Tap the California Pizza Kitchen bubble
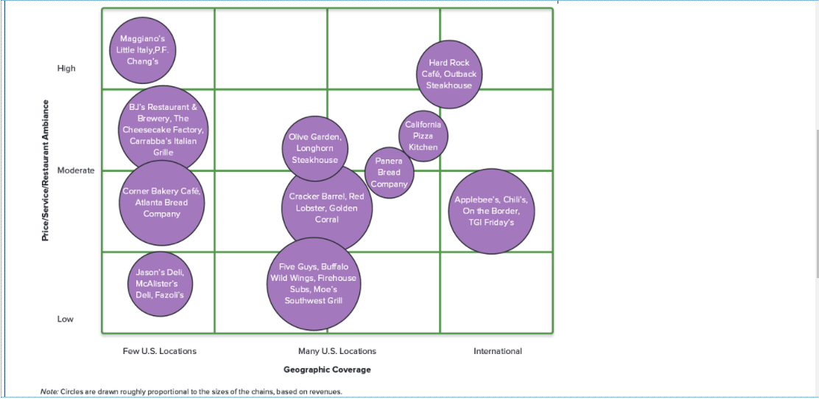pyautogui.click(x=423, y=136)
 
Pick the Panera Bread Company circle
pyautogui.click(x=389, y=173)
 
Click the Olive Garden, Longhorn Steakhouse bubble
pyautogui.click(x=314, y=148)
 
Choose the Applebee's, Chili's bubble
pyautogui.click(x=491, y=211)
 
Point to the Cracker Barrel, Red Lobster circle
pyautogui.click(x=326, y=208)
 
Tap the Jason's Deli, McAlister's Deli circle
pyautogui.click(x=160, y=283)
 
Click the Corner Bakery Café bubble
pyautogui.click(x=161, y=203)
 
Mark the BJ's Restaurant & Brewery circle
pyautogui.click(x=164, y=130)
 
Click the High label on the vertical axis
pyautogui.click(x=66, y=69)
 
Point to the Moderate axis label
pyautogui.click(x=76, y=170)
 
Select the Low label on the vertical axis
pyautogui.click(x=66, y=319)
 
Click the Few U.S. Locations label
pyautogui.click(x=159, y=351)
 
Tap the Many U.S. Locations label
pyautogui.click(x=337, y=351)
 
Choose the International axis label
pyautogui.click(x=497, y=351)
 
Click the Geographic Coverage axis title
pyautogui.click(x=327, y=369)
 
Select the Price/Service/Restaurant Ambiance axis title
pyautogui.click(x=46, y=170)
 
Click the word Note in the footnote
pyautogui.click(x=49, y=392)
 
